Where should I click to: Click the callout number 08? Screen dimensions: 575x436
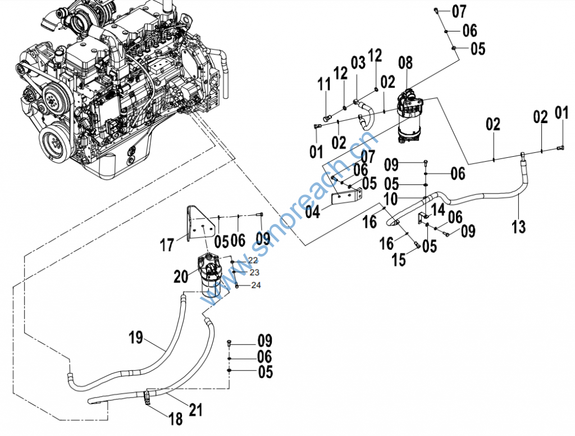pos(405,63)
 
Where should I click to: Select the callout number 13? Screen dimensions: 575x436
pos(518,226)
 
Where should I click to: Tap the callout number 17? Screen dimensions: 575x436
pos(167,245)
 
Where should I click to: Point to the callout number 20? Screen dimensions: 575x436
pos(181,276)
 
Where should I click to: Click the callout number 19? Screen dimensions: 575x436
pos(136,337)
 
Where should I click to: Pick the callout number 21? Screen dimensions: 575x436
pos(195,410)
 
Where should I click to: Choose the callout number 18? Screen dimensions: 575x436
pos(176,419)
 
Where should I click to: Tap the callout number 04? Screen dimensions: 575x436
pos(313,212)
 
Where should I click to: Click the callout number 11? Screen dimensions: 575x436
pos(324,84)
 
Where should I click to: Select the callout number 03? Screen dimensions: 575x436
pos(358,63)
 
